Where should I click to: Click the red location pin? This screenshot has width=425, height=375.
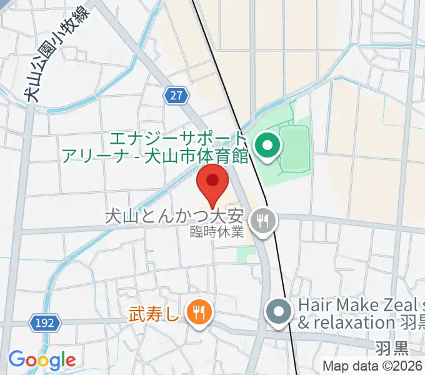click(212, 182)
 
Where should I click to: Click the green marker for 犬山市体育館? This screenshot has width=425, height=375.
click(268, 147)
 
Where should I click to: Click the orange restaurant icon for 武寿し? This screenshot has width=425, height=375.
click(199, 311)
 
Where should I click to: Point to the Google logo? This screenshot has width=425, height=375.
click(42, 360)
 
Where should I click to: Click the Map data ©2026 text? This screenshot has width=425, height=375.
click(373, 366)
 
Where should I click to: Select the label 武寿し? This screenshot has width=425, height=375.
click(154, 311)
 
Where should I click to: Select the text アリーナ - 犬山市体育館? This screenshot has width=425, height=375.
click(155, 154)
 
